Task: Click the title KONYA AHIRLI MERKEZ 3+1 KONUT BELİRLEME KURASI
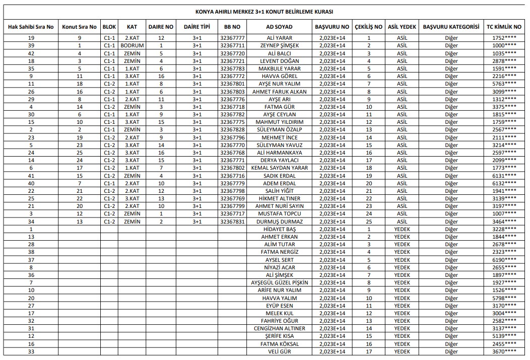tap(264, 12)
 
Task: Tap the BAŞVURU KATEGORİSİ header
tap(451, 27)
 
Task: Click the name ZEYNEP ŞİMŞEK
tap(280, 45)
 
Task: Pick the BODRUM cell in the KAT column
tap(132, 45)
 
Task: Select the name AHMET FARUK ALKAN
tap(280, 92)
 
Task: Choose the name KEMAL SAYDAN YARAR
tap(280, 168)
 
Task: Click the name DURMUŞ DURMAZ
tap(280, 222)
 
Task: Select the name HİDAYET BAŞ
tap(280, 229)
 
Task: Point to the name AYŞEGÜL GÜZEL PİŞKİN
tap(280, 282)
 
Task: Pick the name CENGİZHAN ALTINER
tap(280, 328)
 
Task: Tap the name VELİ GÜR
tap(280, 351)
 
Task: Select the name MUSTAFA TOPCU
tap(280, 214)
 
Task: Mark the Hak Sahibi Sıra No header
tap(31, 27)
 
